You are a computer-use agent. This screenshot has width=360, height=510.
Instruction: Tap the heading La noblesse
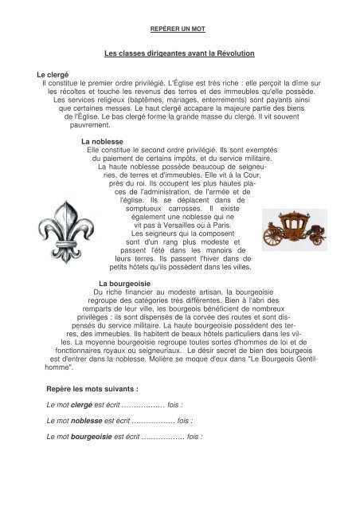97,140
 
